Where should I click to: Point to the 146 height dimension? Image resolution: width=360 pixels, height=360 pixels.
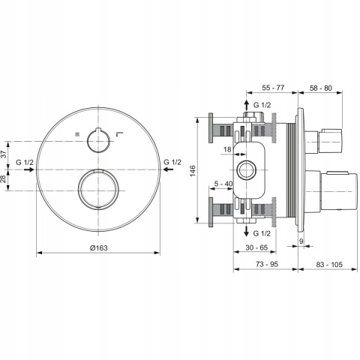coord(193,171)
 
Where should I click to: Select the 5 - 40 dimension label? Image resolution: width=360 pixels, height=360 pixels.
coord(223,183)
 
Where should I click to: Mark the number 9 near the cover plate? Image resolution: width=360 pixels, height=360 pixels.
coord(301,241)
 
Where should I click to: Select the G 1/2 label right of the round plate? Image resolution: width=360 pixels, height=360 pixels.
coord(172,163)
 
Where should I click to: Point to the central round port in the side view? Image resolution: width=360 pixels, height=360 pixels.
coord(247,168)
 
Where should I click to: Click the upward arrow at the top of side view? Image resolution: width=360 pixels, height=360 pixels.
coord(247,105)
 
